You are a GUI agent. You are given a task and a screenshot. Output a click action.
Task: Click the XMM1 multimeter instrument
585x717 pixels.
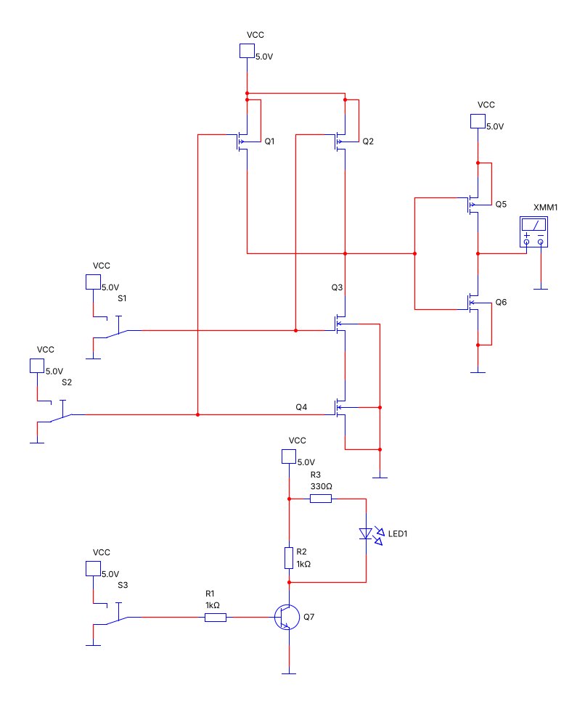coord(533,232)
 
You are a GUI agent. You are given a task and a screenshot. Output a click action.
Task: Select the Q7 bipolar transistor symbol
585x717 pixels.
coord(287,617)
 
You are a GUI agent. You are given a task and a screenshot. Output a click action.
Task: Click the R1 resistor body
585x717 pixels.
coord(215,618)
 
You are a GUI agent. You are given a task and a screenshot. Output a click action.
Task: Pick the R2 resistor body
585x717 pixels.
coord(289,558)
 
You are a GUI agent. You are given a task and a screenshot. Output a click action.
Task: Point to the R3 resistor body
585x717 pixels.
coord(321,499)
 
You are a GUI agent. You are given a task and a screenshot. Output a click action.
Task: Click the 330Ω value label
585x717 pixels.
coord(321,486)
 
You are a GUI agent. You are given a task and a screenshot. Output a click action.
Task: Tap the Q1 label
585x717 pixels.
coord(269,142)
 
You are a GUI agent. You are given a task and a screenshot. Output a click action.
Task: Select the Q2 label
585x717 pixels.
coord(368,142)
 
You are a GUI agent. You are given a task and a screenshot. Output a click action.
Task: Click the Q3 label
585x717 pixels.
coord(337,287)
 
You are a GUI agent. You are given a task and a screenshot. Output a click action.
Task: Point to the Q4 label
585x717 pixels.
coord(301,407)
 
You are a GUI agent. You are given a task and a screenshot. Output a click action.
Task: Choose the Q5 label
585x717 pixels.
coord(501,204)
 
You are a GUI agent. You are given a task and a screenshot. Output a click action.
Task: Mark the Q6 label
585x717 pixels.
coord(501,302)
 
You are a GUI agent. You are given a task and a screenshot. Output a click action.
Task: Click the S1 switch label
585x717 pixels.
coord(122,298)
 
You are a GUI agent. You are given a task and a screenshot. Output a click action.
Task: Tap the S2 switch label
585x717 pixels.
coord(67,382)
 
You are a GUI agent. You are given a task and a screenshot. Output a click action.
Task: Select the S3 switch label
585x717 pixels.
coord(123,585)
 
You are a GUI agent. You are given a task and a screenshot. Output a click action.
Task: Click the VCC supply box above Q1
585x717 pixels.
coord(247,51)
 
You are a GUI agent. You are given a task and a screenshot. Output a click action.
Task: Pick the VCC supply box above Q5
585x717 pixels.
coord(478,121)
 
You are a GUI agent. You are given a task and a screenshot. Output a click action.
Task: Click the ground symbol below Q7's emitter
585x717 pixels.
coord(289,673)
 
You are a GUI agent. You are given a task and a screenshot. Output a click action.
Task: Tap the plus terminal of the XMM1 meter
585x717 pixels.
coord(526,242)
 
